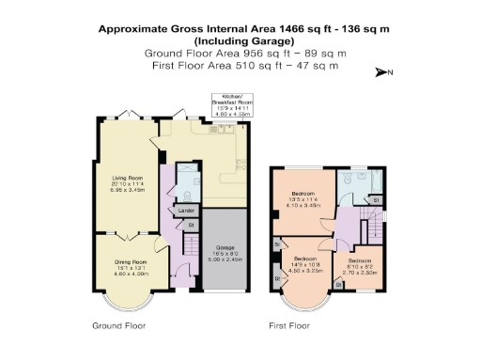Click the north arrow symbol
(x=381, y=72)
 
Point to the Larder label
(x=186, y=211)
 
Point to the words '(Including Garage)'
(x=240, y=41)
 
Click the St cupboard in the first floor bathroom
(x=375, y=200)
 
